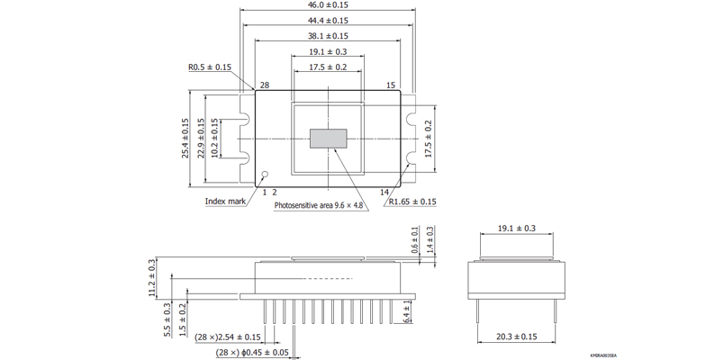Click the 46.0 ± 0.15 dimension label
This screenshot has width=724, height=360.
pyautogui.click(x=328, y=5)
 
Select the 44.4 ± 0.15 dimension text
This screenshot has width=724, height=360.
pyautogui.click(x=328, y=21)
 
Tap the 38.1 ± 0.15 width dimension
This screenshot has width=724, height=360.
pyautogui.click(x=328, y=35)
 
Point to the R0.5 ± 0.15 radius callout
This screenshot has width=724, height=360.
pyautogui.click(x=210, y=67)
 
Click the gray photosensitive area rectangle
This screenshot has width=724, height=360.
pyautogui.click(x=328, y=139)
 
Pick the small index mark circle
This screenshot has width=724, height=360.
pyautogui.click(x=265, y=174)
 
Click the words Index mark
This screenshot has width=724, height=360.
pyautogui.click(x=225, y=202)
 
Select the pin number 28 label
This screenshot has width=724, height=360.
pyautogui.click(x=265, y=85)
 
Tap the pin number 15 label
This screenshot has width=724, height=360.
pyautogui.click(x=391, y=85)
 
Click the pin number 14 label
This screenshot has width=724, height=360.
pyautogui.click(x=385, y=192)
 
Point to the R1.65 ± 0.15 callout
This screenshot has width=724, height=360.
pyautogui.click(x=412, y=202)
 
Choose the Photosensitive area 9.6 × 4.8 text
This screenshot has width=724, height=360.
pyautogui.click(x=319, y=204)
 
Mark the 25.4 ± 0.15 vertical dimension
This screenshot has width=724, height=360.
pyautogui.click(x=186, y=139)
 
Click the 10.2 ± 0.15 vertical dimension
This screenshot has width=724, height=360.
pyautogui.click(x=214, y=139)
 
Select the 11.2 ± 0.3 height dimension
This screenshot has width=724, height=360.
pyautogui.click(x=151, y=278)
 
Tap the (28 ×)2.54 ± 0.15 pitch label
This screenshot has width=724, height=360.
pyautogui.click(x=228, y=337)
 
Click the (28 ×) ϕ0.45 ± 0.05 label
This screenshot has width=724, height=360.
pyautogui.click(x=252, y=353)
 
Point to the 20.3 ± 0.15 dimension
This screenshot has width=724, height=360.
pyautogui.click(x=517, y=337)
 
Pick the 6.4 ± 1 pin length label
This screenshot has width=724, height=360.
pyautogui.click(x=407, y=311)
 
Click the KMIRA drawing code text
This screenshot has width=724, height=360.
pyautogui.click(x=603, y=355)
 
